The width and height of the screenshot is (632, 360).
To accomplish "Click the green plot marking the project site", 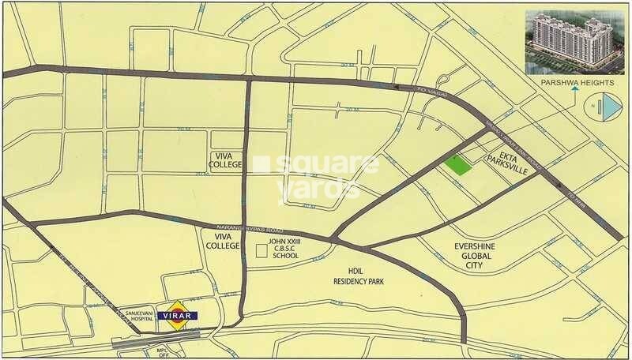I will pyautogui.click(x=456, y=163).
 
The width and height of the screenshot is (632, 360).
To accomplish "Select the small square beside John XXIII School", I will pyautogui.click(x=261, y=252).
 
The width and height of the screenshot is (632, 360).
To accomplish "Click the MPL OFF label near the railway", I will pyautogui.click(x=162, y=351).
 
